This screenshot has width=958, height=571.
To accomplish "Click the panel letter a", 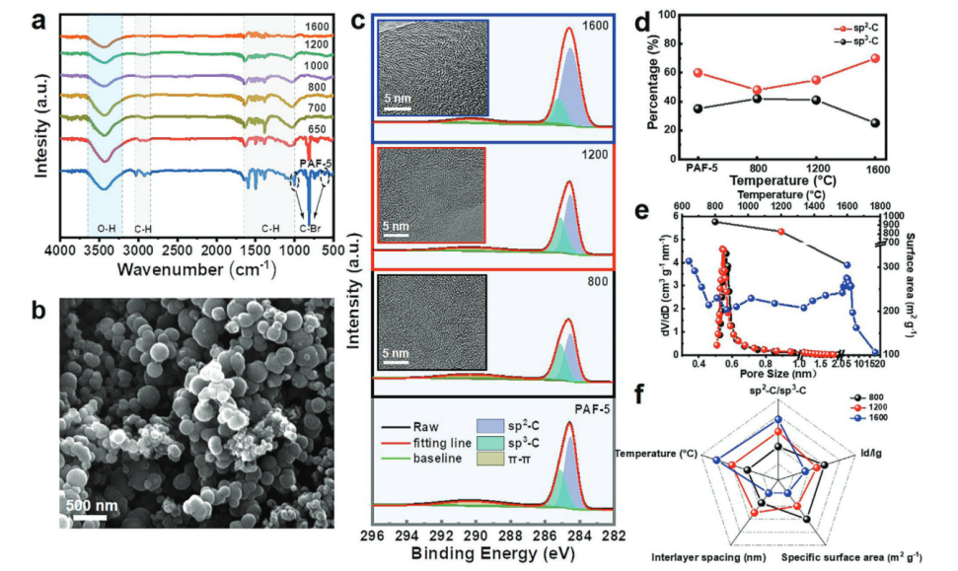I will pyautogui.click(x=42, y=17).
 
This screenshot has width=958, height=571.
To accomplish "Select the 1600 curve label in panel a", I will pyautogui.click(x=318, y=26).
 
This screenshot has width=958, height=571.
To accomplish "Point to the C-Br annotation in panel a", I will pyautogui.click(x=310, y=227).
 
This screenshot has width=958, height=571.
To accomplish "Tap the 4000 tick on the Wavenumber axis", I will pyautogui.click(x=62, y=250).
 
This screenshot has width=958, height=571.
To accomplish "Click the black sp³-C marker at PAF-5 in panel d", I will pyautogui.click(x=699, y=108).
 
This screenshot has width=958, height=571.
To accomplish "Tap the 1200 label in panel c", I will pyautogui.click(x=594, y=155).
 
